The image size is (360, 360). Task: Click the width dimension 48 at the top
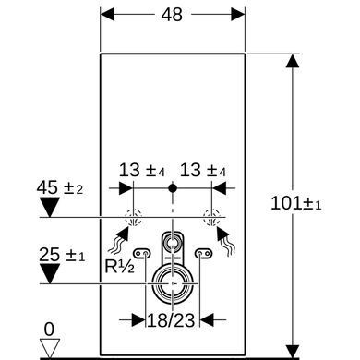172,15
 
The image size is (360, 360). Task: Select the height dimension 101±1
296,203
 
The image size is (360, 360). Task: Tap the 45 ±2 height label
60,187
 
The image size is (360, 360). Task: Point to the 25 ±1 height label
62,255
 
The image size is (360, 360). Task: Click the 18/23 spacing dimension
171,320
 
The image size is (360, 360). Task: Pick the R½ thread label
119,267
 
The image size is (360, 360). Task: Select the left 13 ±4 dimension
142,170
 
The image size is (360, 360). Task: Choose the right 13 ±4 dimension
203,170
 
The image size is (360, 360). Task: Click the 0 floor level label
49,330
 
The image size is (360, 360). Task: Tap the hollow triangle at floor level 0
50,348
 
